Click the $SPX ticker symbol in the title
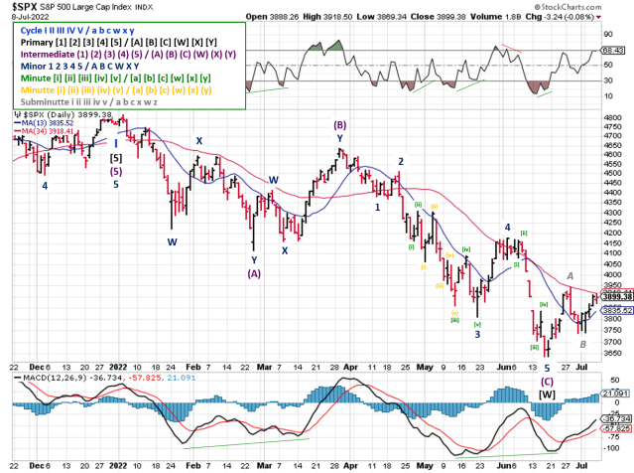tap(21, 6)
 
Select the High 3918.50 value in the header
tap(333, 17)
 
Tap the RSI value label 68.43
tap(613, 49)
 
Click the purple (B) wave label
tap(339, 125)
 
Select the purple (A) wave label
tap(253, 274)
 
